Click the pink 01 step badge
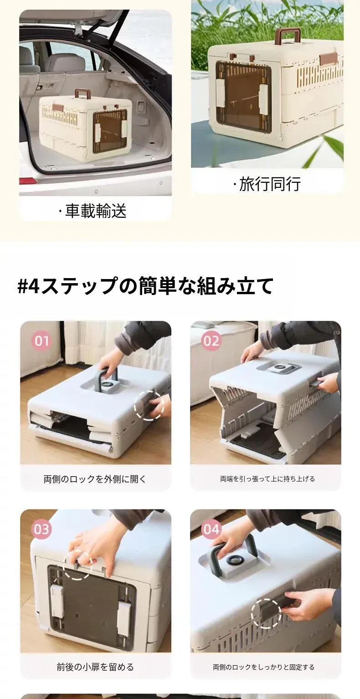point(41,341)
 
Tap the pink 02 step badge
point(211,341)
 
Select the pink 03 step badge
point(41,529)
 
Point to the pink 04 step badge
point(211,529)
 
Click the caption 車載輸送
point(93,211)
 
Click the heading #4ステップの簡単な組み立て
point(145,285)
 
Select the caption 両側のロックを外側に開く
point(95,479)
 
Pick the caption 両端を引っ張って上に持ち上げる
point(267,479)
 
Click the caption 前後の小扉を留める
point(95,667)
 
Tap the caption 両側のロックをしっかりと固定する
point(263,667)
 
